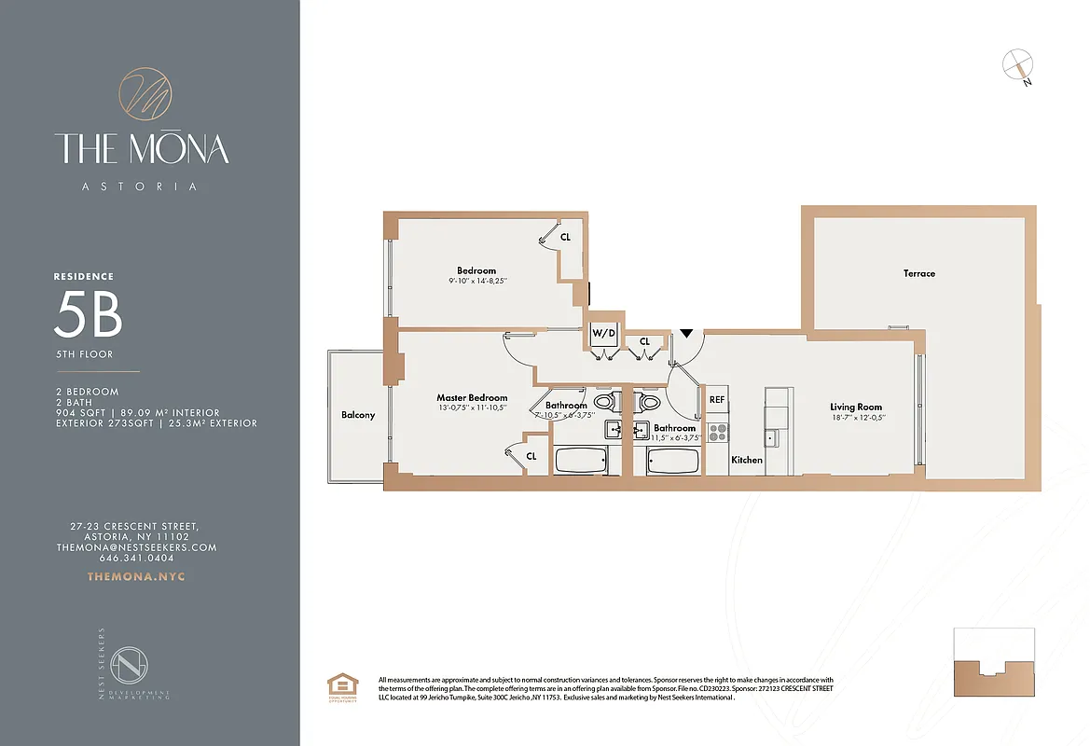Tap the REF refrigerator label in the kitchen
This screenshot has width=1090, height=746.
717,399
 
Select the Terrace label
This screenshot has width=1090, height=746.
918,273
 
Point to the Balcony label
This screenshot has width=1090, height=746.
358,415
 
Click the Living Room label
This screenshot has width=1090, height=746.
856,407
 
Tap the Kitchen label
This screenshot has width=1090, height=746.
747,460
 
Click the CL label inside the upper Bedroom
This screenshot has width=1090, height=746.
565,237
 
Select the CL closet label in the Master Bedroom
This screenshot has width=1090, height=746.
531,456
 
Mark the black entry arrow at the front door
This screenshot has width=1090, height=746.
687,333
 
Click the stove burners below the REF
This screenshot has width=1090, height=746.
718,433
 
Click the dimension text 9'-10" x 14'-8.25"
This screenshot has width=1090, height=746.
476,281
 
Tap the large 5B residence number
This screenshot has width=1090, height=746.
88,315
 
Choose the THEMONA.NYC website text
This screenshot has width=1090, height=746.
136,576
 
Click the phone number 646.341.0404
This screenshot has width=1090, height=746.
136,558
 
